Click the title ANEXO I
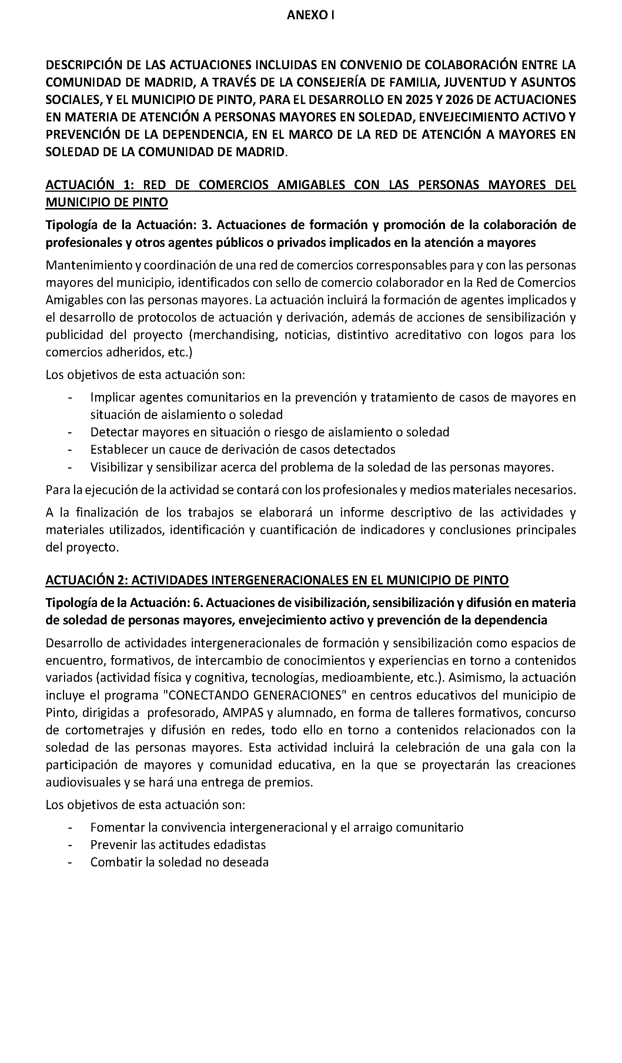311,15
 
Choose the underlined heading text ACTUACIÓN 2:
87,580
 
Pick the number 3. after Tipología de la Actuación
206,225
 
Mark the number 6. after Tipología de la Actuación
197,603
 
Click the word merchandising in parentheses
233,335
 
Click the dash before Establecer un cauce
70,450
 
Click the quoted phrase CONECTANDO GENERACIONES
258,695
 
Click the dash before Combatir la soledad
70,862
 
